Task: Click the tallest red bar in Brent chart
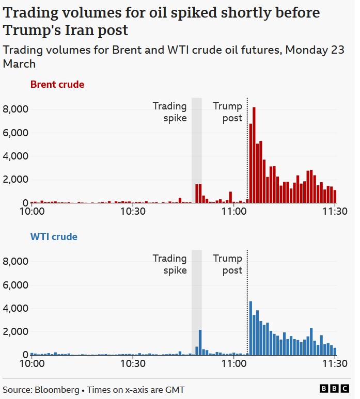254,155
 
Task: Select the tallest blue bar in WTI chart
251,328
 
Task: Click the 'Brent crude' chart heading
57,84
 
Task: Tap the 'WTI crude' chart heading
54,237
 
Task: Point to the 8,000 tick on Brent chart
15,109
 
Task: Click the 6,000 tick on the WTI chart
15,285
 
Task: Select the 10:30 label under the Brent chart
133,212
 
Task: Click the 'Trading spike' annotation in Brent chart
169,112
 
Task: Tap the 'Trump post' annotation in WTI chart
228,264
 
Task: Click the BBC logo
335,389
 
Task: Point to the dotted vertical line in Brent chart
247,150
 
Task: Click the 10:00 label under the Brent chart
31,212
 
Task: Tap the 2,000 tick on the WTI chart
15,332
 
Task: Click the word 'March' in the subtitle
19,64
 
